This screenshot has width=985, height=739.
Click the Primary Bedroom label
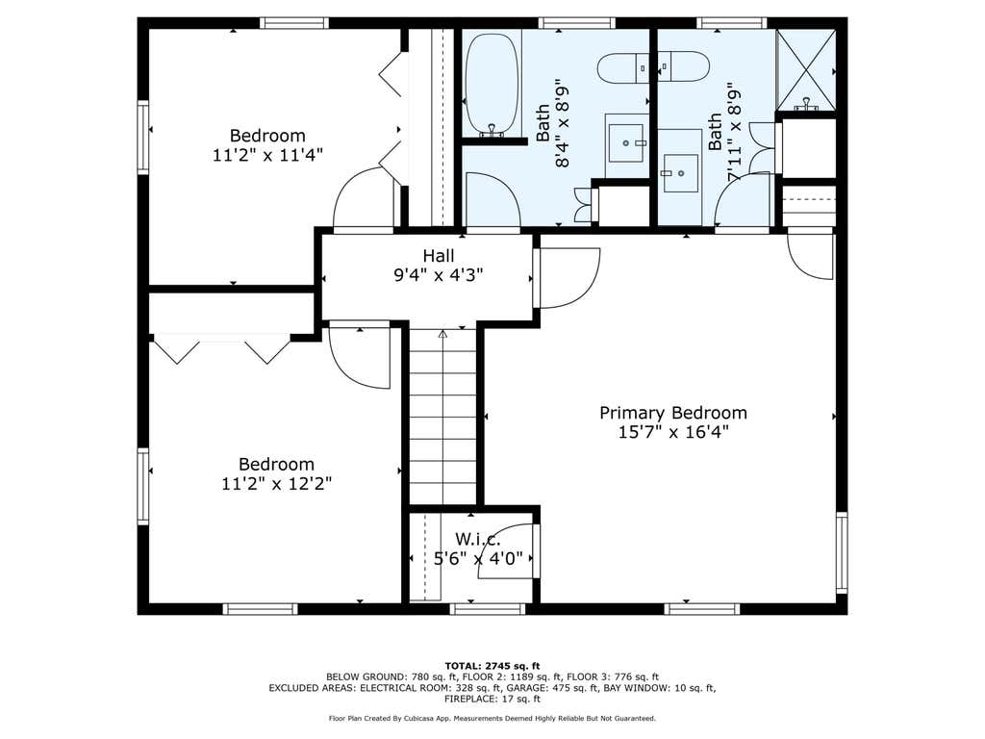pos(672,413)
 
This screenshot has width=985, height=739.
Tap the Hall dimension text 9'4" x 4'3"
pos(439,274)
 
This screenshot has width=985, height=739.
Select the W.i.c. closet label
pos(478,539)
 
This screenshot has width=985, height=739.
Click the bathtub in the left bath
pos(492,85)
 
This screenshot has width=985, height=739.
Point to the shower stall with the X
pos(807,69)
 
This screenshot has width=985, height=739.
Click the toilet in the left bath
pos(622,67)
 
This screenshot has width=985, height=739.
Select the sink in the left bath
pos(625,143)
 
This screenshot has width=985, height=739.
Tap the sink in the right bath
pos(680,171)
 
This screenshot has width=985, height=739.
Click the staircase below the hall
pos(442,416)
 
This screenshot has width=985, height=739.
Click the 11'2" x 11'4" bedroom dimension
pos(267,155)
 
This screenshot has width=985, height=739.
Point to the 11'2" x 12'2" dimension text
pos(276,483)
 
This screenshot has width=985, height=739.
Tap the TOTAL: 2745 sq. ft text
pos(492,666)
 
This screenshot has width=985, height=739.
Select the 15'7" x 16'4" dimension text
pos(672,432)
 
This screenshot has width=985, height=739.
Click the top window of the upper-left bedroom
pos(294,23)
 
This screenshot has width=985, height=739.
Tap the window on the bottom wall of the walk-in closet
pos(488,608)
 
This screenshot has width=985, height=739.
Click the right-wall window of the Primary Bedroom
pos(841,552)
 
